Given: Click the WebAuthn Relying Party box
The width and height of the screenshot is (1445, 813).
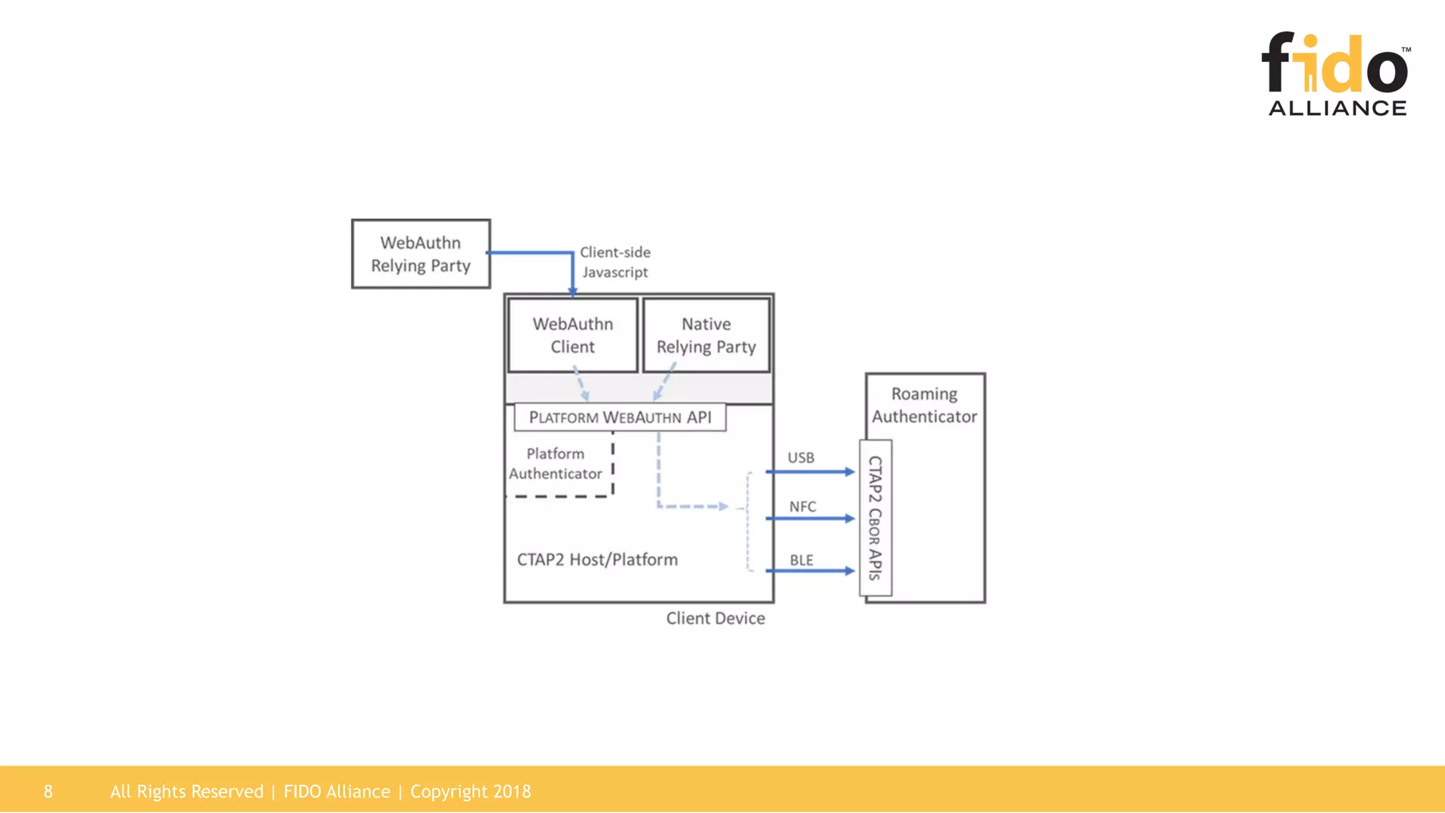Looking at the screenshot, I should [x=421, y=254].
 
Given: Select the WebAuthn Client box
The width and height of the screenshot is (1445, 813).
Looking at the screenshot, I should [x=572, y=335].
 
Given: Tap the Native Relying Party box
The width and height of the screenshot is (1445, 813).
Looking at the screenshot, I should [x=706, y=335].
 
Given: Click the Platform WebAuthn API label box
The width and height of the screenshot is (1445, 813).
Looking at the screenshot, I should [x=619, y=417].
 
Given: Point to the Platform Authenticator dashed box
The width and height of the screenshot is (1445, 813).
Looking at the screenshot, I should [x=556, y=464].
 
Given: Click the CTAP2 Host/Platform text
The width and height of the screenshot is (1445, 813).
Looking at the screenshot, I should [x=597, y=560].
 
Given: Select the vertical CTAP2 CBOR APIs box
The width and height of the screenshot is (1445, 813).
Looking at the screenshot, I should [x=875, y=518].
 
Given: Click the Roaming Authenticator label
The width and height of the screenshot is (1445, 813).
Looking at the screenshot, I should [x=924, y=405].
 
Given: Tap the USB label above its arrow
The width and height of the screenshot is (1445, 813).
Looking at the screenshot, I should [x=801, y=458].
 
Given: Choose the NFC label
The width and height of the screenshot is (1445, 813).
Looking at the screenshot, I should [x=802, y=507].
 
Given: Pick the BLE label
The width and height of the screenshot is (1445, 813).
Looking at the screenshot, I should [x=801, y=560].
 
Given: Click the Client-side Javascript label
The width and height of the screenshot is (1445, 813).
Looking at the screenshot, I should [x=615, y=262].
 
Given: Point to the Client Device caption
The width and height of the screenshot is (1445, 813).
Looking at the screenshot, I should [x=715, y=618].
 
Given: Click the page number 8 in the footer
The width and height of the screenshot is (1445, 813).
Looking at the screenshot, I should [x=48, y=792].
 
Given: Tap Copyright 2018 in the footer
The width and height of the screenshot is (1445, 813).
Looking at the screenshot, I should [x=471, y=792].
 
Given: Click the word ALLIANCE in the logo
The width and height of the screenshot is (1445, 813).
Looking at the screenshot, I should [x=1337, y=108].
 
